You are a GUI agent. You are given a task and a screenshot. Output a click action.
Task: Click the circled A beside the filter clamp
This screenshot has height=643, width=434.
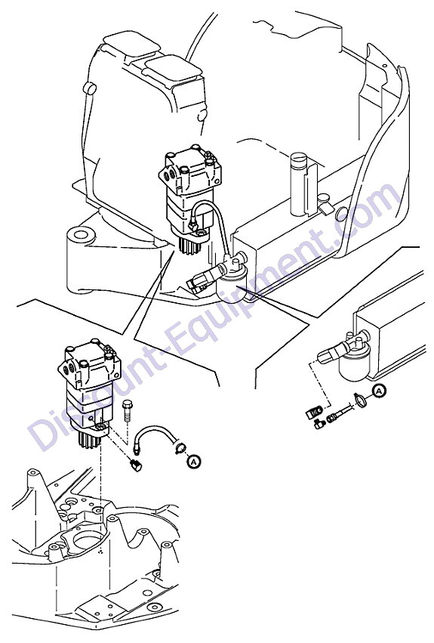(379, 391)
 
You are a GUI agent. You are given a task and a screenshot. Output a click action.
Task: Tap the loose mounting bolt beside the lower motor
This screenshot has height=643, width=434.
(127, 410)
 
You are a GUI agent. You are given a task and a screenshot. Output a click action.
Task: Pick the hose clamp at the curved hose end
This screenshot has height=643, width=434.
(180, 448)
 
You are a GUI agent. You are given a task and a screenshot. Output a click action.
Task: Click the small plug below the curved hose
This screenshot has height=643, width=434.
(136, 465)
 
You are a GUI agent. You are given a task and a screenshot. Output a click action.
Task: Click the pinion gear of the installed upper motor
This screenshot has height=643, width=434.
(192, 246)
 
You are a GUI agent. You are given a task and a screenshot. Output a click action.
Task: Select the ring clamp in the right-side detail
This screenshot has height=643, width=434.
(360, 400)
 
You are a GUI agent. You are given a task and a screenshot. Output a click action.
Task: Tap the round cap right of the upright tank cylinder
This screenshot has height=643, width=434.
(341, 214)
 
